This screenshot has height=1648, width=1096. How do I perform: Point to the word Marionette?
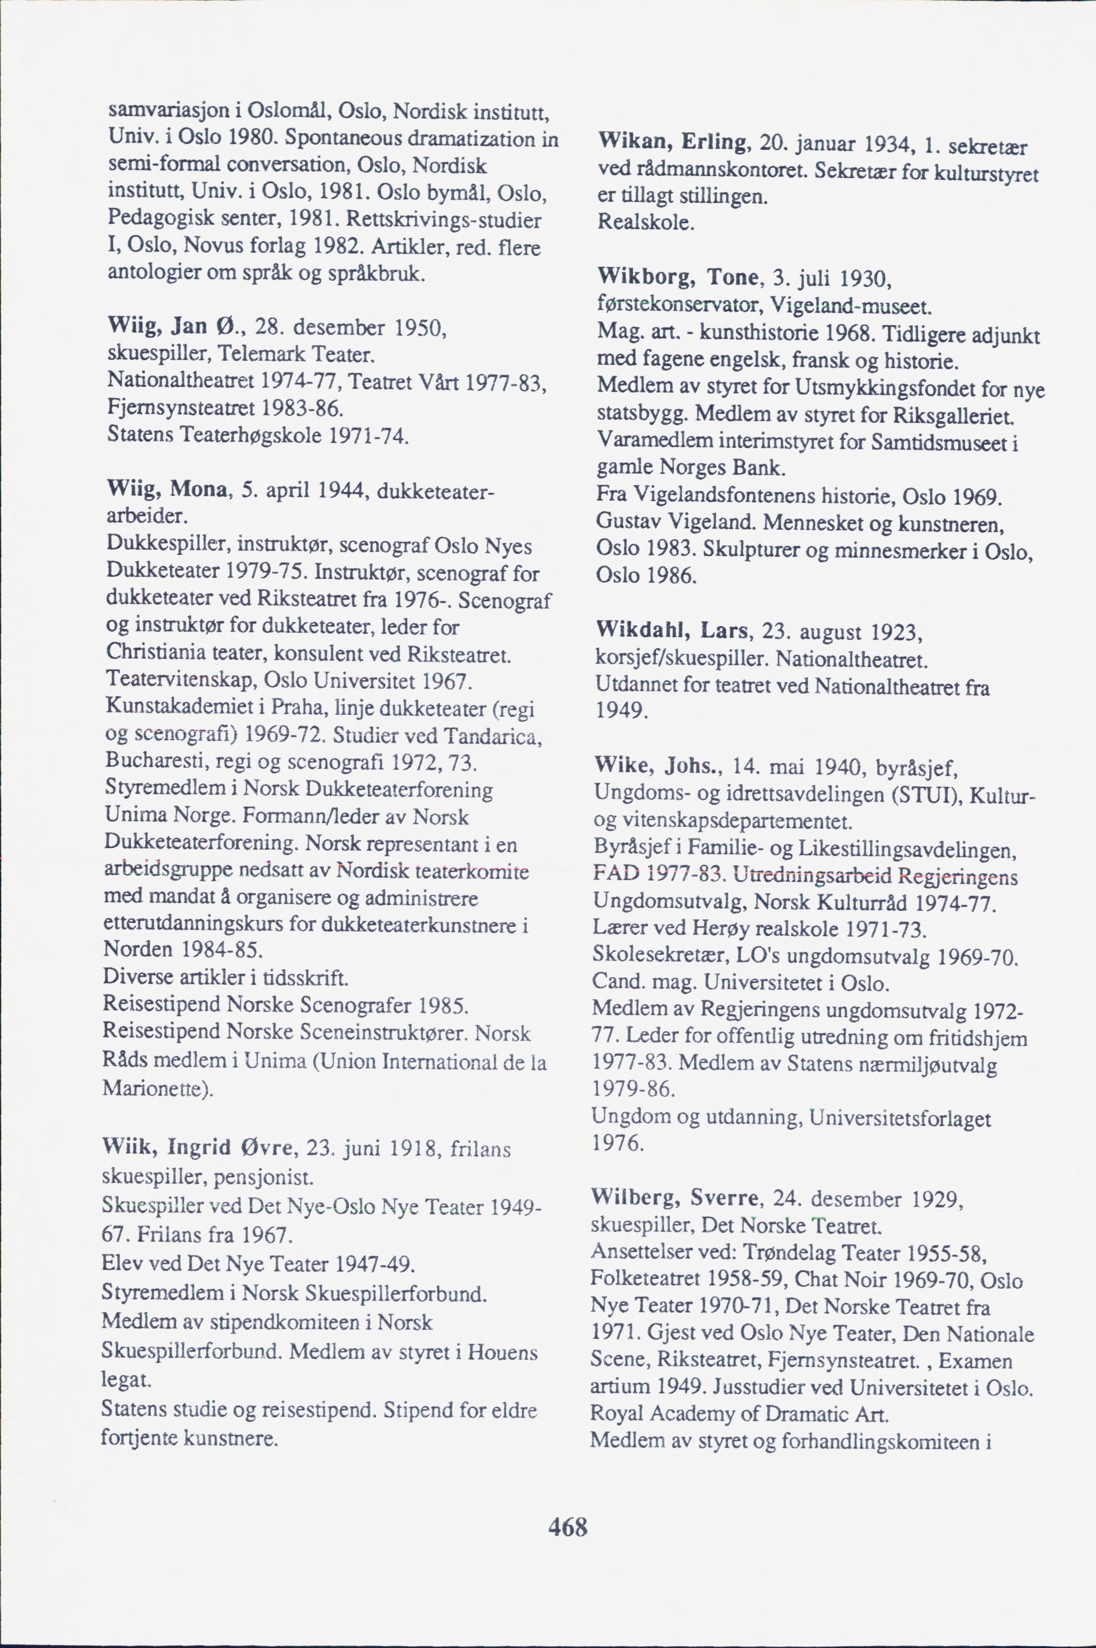coord(154,1088)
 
